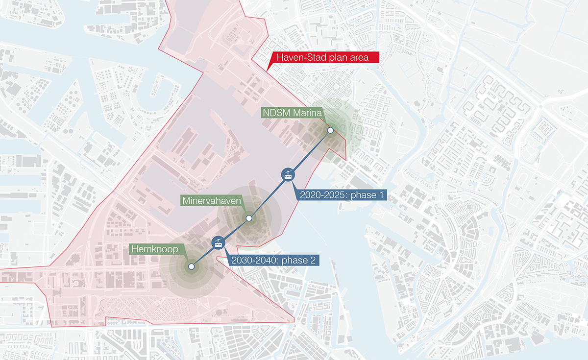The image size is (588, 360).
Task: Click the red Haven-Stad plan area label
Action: (x=325, y=58)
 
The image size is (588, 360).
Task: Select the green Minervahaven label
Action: (x=213, y=201)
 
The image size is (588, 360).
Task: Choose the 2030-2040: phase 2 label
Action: (x=270, y=261)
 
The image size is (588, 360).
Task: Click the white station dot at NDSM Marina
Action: (x=330, y=130)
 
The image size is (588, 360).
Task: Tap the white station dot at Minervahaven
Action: (x=249, y=218)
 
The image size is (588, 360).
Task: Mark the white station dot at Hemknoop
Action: (x=191, y=267)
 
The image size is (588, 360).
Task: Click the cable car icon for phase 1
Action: (x=288, y=174)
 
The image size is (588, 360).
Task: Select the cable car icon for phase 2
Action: (x=218, y=242)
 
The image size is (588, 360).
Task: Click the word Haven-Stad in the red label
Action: (x=298, y=58)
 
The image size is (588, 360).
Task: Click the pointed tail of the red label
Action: (x=269, y=68)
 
